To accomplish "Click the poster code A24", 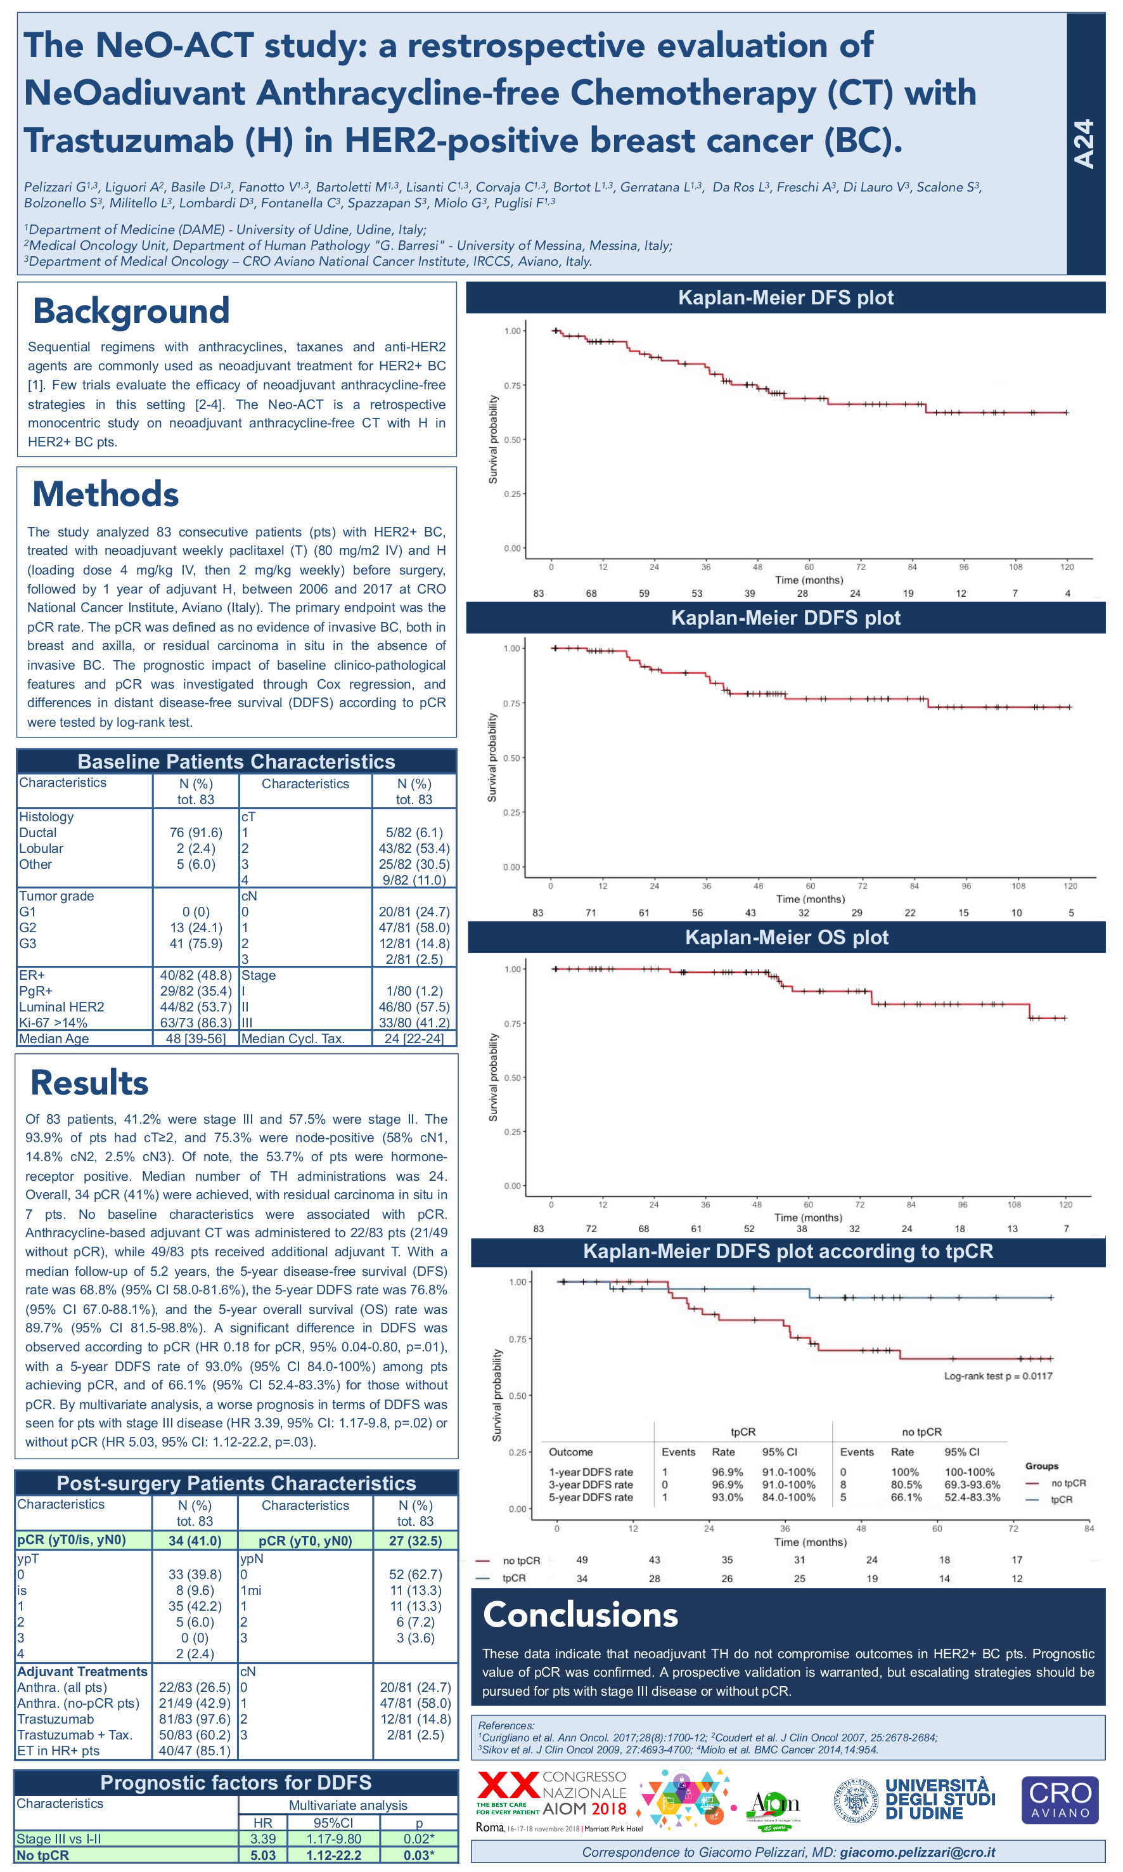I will pyautogui.click(x=1084, y=144).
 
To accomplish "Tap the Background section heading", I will pyautogui.click(x=131, y=311).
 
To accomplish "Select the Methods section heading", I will pyautogui.click(x=105, y=494).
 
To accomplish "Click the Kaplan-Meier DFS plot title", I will pyautogui.click(x=785, y=297).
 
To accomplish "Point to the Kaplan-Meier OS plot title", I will pyautogui.click(x=786, y=937).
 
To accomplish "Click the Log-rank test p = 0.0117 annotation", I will pyautogui.click(x=998, y=1375).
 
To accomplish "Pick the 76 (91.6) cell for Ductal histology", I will pyautogui.click(x=195, y=833).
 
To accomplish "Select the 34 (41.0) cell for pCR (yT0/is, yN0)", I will pyautogui.click(x=195, y=1540).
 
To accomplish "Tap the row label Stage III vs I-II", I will pyautogui.click(x=59, y=1838).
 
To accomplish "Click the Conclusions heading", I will pyautogui.click(x=581, y=1615).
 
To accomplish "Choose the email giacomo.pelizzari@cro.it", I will pyautogui.click(x=917, y=1852).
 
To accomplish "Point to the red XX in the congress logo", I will pyautogui.click(x=508, y=1786).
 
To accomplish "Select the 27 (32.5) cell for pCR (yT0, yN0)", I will pyautogui.click(x=416, y=1540).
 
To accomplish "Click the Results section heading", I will pyautogui.click(x=89, y=1082).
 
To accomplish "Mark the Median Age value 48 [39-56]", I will pyautogui.click(x=195, y=1039).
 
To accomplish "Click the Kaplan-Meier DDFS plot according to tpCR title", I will pyautogui.click(x=787, y=1251).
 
